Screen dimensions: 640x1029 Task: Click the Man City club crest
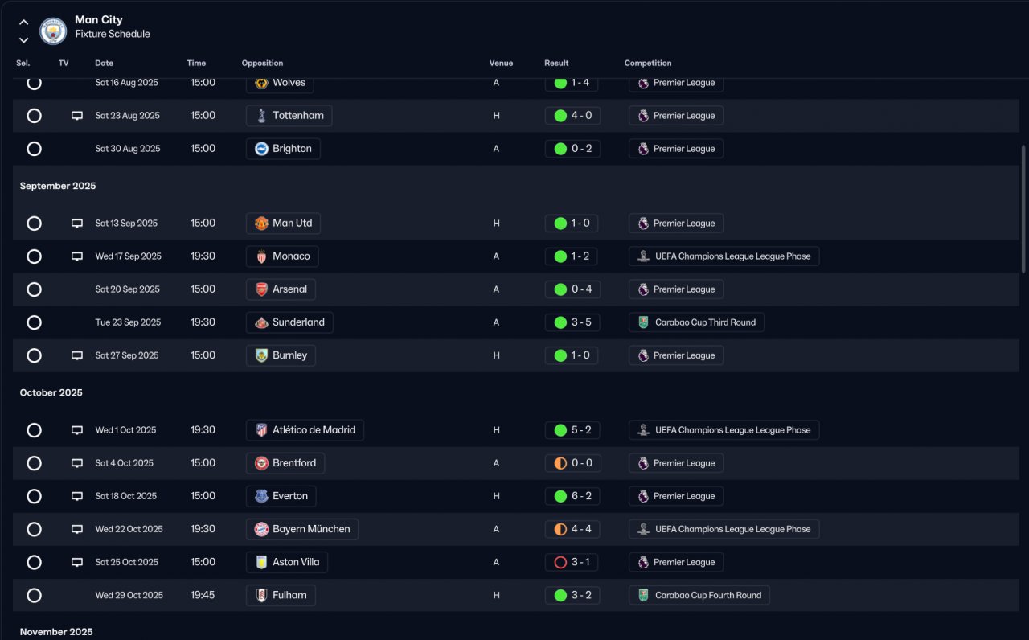click(53, 31)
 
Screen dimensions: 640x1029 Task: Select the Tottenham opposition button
click(289, 116)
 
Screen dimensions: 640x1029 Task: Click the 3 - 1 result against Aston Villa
click(572, 562)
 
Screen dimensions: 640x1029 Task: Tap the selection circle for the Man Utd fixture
click(34, 224)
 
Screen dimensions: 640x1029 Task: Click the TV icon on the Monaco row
click(77, 256)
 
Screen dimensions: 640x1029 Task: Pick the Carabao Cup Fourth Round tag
click(699, 595)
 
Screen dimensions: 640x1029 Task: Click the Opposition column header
click(262, 64)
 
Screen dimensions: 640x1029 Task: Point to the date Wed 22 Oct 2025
click(129, 529)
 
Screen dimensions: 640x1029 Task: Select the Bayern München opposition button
click(301, 529)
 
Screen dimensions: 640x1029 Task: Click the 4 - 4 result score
click(572, 529)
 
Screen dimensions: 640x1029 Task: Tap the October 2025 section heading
click(51, 392)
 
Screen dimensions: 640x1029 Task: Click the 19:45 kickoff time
click(203, 595)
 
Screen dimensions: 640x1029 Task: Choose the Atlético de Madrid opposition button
click(305, 430)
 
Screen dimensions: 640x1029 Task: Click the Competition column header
click(647, 64)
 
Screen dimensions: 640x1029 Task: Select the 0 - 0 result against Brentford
click(572, 463)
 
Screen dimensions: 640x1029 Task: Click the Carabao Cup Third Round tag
click(696, 322)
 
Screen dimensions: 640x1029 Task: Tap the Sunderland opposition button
click(289, 322)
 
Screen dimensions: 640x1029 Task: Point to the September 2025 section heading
click(58, 186)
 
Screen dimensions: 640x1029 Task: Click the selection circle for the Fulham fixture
click(34, 595)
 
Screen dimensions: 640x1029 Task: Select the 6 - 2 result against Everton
click(572, 496)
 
